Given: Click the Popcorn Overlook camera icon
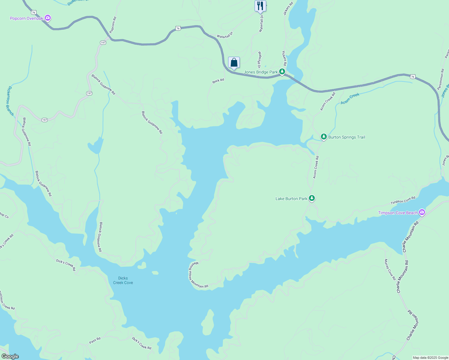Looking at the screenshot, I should point(47,18).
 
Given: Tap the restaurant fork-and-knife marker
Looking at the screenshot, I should point(260,6).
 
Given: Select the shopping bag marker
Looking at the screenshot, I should point(234,62).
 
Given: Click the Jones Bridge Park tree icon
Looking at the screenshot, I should point(282,72).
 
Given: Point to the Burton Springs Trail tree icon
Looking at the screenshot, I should point(324,137).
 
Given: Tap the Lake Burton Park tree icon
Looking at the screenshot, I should point(312,198).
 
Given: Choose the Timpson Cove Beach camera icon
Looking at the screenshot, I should point(422,212).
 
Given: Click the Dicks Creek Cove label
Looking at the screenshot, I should point(123,280).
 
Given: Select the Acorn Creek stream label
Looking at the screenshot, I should point(350,99).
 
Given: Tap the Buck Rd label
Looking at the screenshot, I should point(218,81).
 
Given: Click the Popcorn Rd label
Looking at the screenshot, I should point(113,25).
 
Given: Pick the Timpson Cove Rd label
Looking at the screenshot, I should point(403,200).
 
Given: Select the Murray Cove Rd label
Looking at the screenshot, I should point(390,269).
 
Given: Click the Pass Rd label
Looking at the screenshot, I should point(95,340).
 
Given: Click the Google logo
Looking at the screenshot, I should point(10,356).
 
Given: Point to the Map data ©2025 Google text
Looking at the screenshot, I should point(430,358).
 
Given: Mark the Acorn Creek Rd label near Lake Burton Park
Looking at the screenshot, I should point(316,167).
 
